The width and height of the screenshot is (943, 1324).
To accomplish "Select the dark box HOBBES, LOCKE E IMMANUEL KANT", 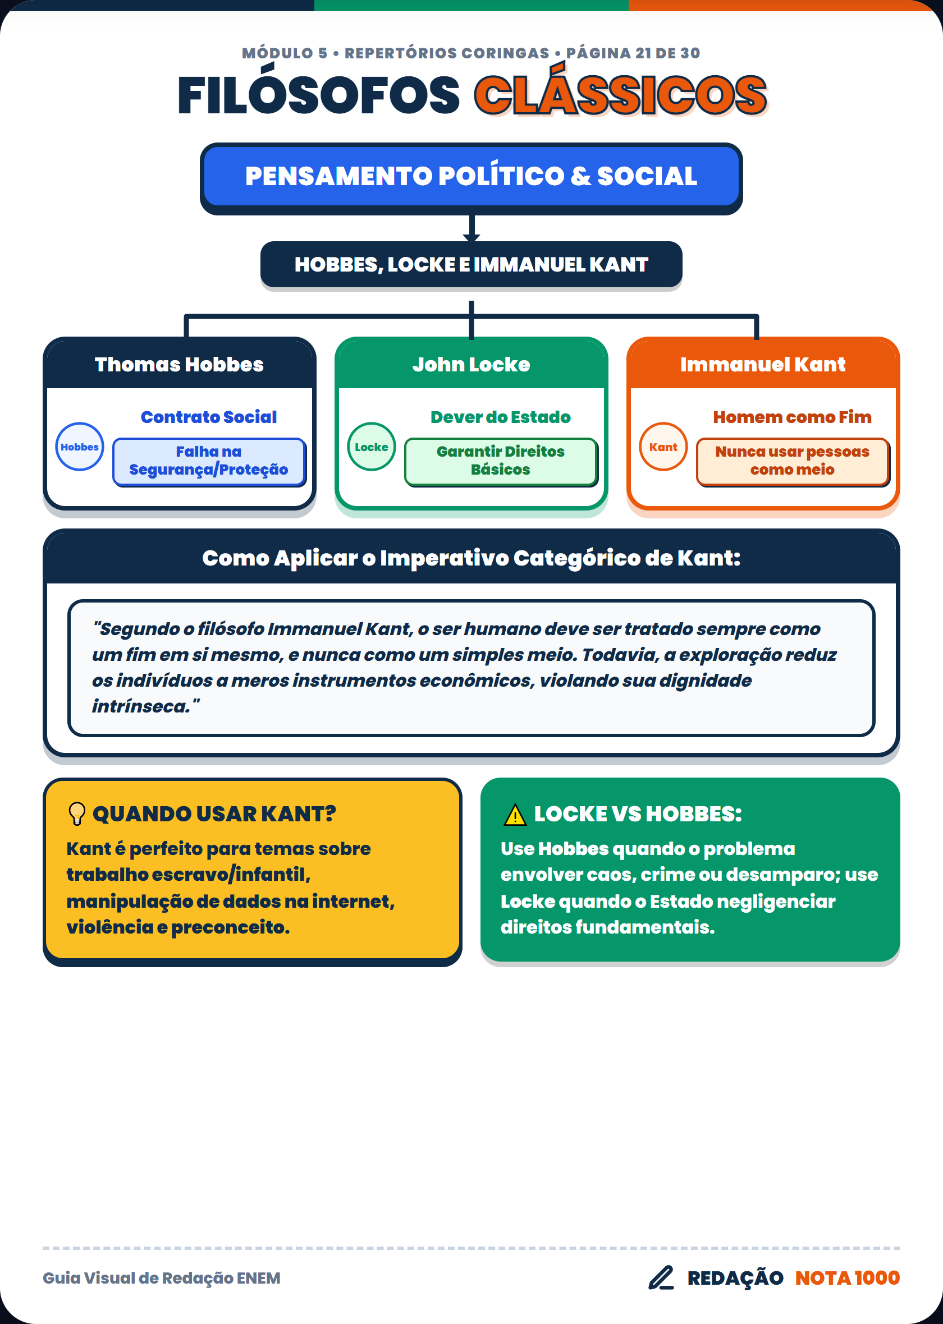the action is (471, 265).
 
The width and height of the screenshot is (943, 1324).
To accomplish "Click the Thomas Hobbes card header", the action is (180, 364).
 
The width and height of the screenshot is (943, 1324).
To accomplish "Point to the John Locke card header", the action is (471, 364).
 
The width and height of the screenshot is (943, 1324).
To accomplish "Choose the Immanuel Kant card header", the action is (763, 364).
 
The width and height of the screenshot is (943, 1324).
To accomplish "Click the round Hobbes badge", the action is (80, 447).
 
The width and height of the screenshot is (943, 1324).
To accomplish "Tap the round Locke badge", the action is (372, 447).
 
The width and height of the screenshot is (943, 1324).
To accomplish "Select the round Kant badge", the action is (663, 447).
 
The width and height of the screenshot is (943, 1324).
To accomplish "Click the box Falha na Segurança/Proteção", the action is (209, 462).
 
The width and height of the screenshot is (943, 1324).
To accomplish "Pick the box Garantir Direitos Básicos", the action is (501, 462).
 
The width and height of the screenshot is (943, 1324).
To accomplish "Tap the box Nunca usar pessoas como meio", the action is (793, 462).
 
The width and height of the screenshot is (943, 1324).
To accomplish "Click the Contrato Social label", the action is (209, 417).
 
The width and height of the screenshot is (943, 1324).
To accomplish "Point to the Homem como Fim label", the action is (793, 417).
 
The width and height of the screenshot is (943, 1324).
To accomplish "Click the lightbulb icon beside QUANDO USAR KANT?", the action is (77, 813).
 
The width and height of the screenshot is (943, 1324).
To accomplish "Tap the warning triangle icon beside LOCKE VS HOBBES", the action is (515, 815).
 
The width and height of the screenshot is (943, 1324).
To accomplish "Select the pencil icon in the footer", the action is (661, 1277).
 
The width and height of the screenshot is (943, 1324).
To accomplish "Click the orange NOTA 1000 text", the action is (847, 1277).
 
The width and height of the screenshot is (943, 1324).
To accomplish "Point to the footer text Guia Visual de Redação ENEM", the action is (162, 1278).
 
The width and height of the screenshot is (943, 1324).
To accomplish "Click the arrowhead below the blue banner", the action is (471, 237).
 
